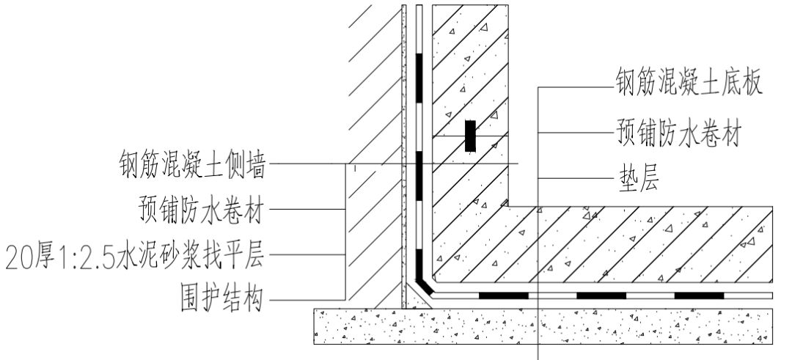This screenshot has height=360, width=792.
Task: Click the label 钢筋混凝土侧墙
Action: coord(192,164)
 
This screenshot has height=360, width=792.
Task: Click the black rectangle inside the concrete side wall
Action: coord(471,136)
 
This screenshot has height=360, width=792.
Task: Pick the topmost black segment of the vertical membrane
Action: coord(419,77)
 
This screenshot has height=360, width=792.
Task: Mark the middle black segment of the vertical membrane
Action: coord(419,176)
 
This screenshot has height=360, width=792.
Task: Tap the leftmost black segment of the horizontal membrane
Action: coord(503,295)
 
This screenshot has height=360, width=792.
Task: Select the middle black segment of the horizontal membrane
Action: coord(601,295)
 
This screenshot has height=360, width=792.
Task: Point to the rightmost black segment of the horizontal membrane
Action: coord(699,295)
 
